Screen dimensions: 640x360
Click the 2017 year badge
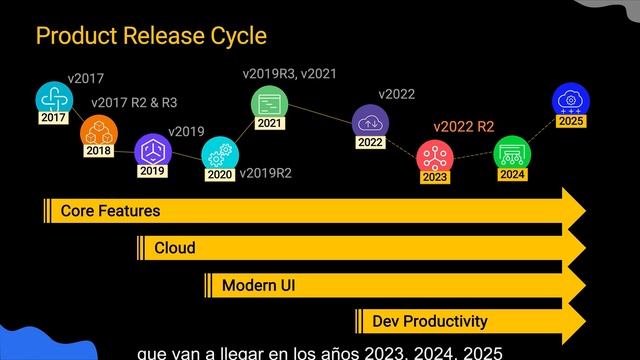coord(53,118)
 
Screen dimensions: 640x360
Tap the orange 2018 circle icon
coord(99,131)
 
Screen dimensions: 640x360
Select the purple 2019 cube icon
coord(153,150)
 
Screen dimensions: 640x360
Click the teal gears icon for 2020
coord(220,154)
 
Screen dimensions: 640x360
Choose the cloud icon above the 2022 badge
coord(370,121)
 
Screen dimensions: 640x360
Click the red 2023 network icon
coord(435,156)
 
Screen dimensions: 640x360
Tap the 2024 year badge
coord(512,174)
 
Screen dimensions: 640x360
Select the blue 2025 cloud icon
coord(571,100)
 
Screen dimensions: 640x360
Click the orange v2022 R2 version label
coord(464,127)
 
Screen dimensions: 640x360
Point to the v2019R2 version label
coord(266,173)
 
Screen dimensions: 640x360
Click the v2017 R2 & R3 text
coord(134,102)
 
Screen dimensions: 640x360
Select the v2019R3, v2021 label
coord(289,74)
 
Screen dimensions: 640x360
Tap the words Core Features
coord(110,211)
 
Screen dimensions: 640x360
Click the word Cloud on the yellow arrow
coord(175,248)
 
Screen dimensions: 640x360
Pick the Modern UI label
coord(258,285)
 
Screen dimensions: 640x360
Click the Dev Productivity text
coord(430,321)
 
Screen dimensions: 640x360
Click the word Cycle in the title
coord(239,36)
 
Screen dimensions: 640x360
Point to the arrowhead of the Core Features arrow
coord(585,211)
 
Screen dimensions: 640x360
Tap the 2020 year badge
coord(220,175)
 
